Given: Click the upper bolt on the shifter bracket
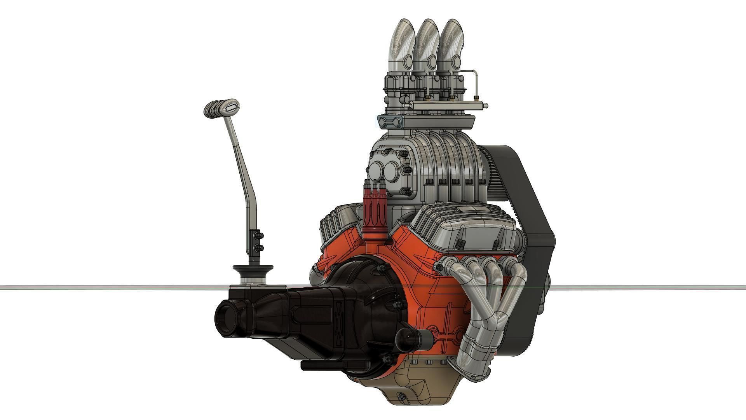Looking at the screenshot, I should (260, 235).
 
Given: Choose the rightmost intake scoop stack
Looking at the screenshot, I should (451, 47).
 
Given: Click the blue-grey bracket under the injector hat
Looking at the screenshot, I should (390, 121).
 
